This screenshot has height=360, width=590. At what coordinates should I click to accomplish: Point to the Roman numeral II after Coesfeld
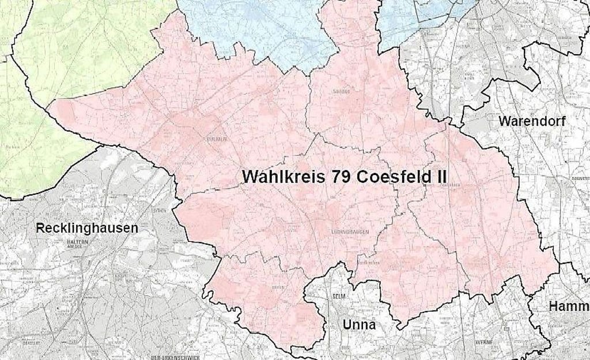tap(439, 176)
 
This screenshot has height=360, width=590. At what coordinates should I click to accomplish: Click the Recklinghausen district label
tap(86, 228)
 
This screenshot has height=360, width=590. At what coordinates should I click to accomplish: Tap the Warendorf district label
tap(532, 121)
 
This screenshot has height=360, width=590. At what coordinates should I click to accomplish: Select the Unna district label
tap(359, 325)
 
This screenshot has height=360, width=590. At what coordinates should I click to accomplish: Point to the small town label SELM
tap(338, 296)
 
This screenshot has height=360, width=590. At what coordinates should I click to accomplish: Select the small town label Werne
tap(483, 342)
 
